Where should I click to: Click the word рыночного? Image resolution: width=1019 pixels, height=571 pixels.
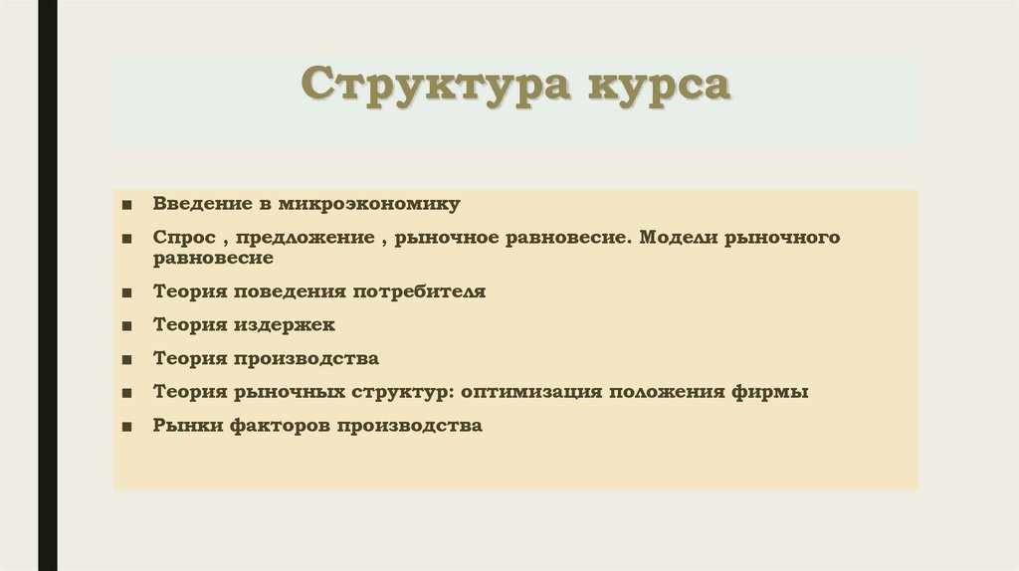(786, 239)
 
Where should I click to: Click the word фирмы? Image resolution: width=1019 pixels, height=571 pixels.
(776, 392)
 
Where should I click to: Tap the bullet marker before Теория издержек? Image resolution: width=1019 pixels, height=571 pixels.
(128, 325)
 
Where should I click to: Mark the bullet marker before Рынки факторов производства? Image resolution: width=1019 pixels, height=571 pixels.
(128, 427)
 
